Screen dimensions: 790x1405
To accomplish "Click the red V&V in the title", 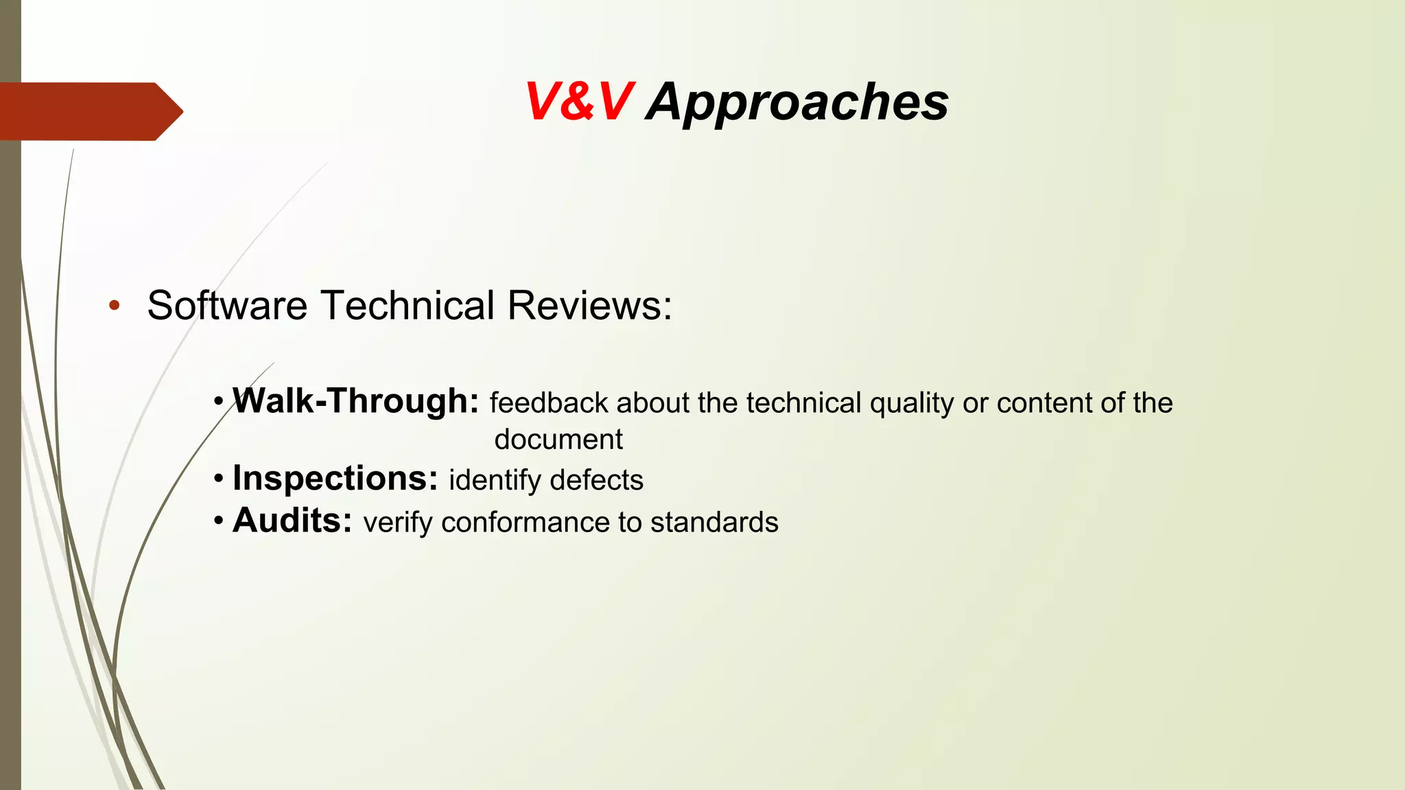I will point(578,102).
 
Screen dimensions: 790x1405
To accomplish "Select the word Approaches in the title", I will point(797,102).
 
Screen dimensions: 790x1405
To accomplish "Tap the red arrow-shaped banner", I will point(89,111).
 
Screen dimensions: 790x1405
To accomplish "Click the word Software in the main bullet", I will point(227,305).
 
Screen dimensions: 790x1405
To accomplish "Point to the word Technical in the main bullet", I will point(408,305).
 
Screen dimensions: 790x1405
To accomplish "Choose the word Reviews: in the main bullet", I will point(590,305).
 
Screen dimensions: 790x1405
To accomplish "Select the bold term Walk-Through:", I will point(355,401).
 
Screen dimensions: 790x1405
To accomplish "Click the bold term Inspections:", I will point(335,478).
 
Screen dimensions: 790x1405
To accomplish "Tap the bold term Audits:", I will point(292,520).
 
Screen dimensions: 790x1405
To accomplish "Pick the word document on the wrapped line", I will point(558,440).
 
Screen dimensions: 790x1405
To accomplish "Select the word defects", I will point(596,480).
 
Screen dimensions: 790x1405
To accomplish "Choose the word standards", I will point(714,523).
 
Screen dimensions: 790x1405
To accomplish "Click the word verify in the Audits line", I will point(398,523).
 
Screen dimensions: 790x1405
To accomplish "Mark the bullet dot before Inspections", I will point(218,479).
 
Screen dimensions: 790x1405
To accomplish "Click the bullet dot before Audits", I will point(218,521).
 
